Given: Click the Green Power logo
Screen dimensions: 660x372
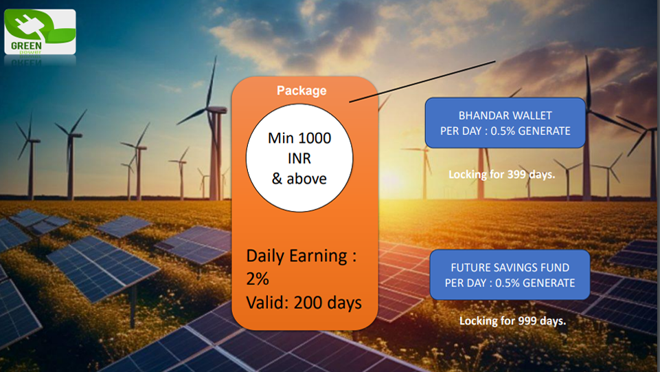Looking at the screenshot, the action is [x=40, y=32].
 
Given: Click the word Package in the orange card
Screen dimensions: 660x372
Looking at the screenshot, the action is [x=301, y=91].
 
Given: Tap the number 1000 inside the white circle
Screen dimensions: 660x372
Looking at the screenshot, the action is [x=314, y=138].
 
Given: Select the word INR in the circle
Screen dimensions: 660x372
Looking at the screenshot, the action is [x=299, y=158].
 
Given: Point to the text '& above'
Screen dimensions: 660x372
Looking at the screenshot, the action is [x=299, y=179].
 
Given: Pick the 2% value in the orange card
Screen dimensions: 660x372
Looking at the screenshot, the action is [x=258, y=279].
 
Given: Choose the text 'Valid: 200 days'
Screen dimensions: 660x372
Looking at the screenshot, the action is [x=304, y=303].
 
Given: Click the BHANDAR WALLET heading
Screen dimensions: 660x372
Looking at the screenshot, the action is [x=505, y=116].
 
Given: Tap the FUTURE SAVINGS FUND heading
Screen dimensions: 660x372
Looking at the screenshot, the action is [x=510, y=267].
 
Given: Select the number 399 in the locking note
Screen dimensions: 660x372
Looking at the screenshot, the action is [x=516, y=174].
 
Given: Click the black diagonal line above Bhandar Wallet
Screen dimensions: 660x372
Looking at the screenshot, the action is [x=422, y=81].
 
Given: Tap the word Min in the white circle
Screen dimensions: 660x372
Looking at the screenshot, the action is [x=281, y=138].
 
